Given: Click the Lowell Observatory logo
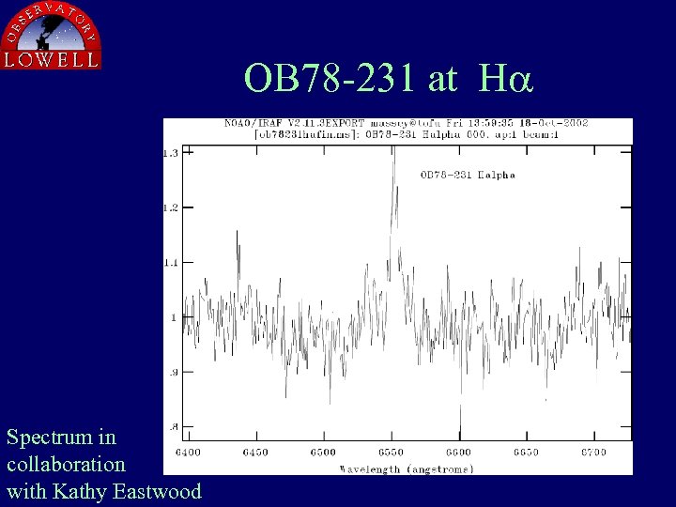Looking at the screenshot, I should [52, 36].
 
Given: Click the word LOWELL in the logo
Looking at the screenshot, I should [52, 59].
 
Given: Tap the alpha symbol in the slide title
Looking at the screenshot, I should [513, 78].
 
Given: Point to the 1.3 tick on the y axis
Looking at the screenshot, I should [171, 152].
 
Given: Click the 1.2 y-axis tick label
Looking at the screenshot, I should [171, 207].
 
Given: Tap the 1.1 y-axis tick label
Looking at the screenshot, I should [171, 262].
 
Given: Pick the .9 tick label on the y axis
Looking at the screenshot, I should [173, 372].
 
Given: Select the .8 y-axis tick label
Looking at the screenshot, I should [173, 427].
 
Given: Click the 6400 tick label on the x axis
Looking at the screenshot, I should [188, 453].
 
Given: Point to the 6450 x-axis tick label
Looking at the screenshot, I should [255, 453].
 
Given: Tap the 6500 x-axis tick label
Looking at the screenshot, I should [323, 453].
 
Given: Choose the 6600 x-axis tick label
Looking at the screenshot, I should [459, 453].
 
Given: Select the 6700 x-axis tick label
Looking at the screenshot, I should [593, 453].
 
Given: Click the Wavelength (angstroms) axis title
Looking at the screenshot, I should [407, 468].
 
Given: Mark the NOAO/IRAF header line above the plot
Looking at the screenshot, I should [400, 123].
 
